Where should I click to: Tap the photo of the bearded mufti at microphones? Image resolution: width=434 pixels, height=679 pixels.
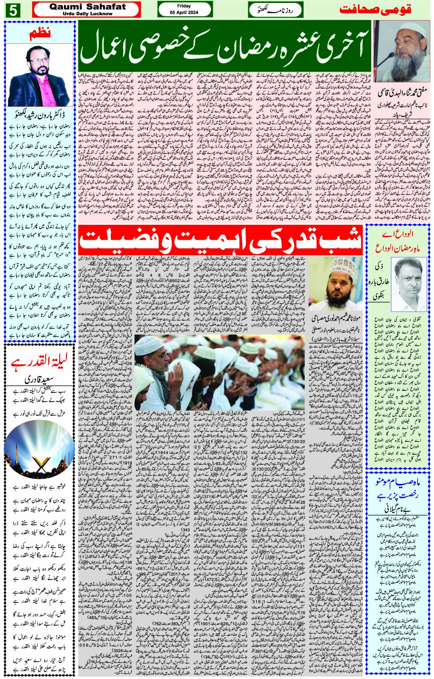pos(401,45)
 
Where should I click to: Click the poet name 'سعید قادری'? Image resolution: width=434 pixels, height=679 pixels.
pos(40,379)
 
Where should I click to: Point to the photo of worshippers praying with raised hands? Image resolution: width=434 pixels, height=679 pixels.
pos(220,369)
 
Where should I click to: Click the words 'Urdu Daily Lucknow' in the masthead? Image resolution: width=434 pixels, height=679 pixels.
pos(86,14)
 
